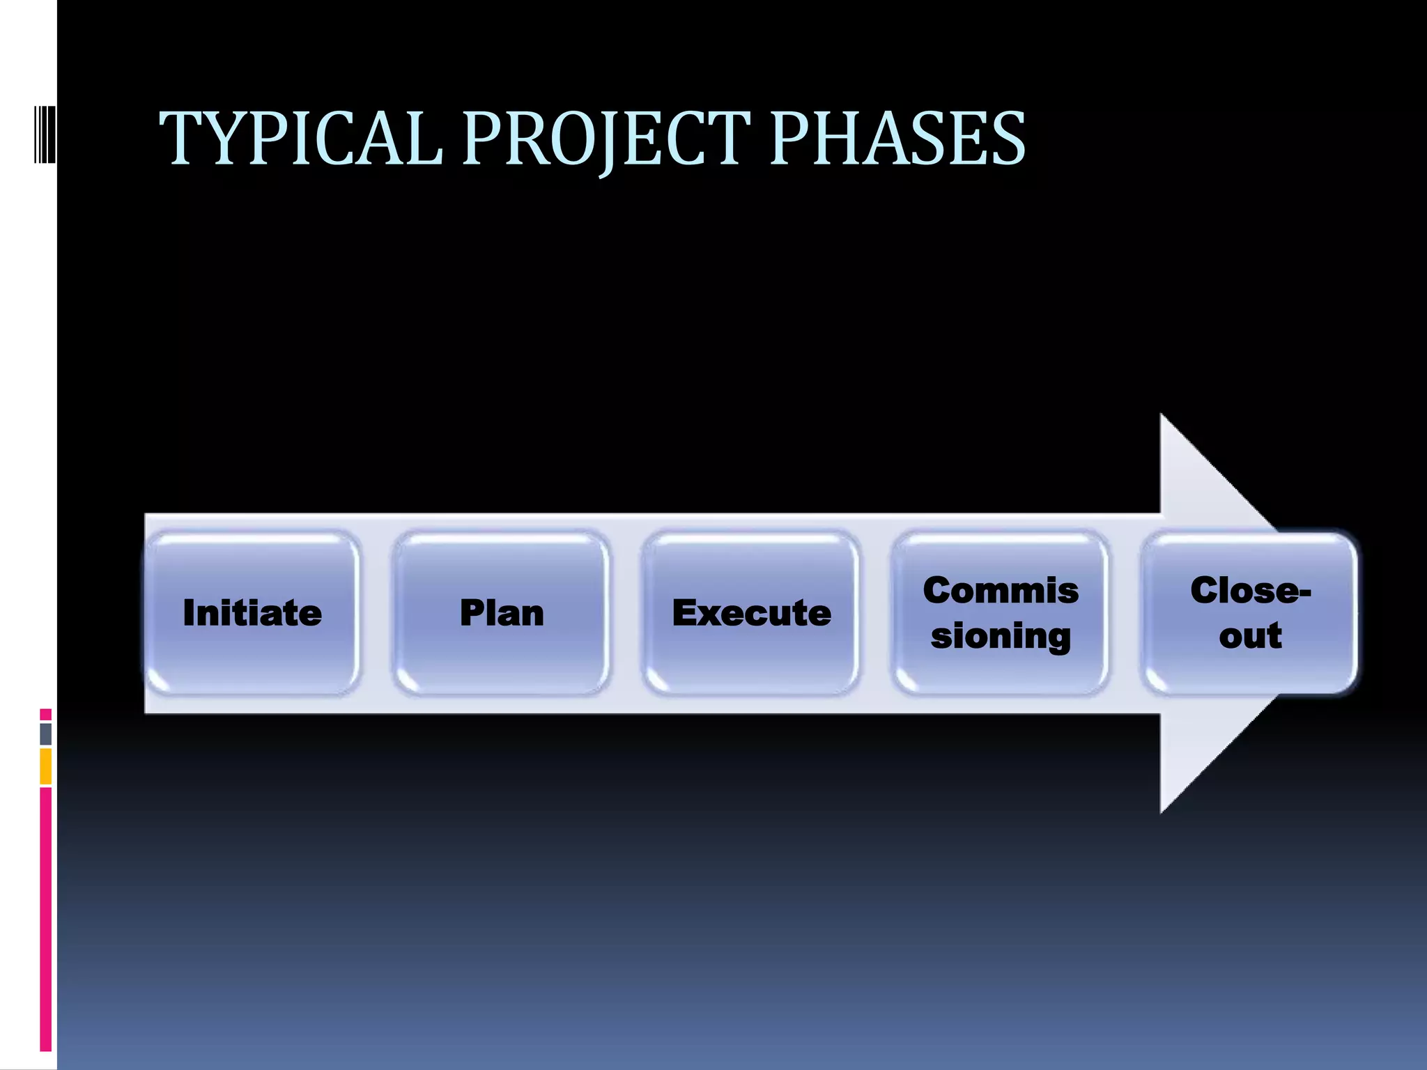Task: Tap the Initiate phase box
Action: click(x=252, y=613)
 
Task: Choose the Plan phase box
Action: click(x=502, y=613)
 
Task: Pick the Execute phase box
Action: click(x=751, y=613)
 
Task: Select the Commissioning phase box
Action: click(x=1001, y=613)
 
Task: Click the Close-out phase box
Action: click(x=1250, y=613)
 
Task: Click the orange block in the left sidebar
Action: click(x=46, y=766)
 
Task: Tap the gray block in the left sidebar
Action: click(x=46, y=734)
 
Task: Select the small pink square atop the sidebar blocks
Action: click(x=46, y=714)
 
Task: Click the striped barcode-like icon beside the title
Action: click(x=45, y=134)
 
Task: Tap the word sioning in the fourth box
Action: click(x=1001, y=637)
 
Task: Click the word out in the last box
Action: click(x=1250, y=636)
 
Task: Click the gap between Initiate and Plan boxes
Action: click(x=377, y=613)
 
